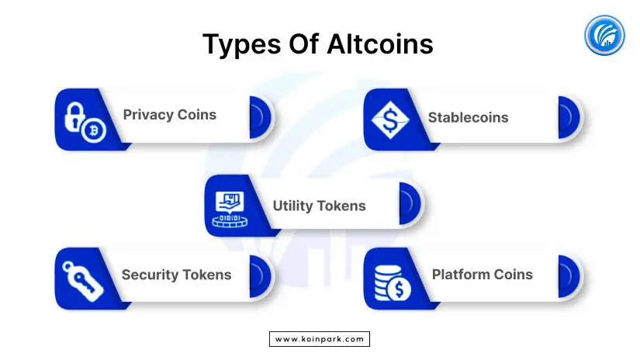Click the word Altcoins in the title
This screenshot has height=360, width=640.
(x=380, y=43)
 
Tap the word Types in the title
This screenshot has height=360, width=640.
(x=241, y=45)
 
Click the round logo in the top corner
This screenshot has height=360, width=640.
(x=604, y=36)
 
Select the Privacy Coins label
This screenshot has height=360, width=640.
(x=169, y=115)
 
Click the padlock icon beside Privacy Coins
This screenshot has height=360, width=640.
(x=74, y=116)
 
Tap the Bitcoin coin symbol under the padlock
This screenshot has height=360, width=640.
(x=93, y=130)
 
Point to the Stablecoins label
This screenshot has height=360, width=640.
(x=468, y=118)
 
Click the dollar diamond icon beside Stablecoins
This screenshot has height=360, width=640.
(x=390, y=120)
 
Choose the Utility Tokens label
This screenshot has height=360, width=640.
(x=319, y=206)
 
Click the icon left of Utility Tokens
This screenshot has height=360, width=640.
(x=230, y=209)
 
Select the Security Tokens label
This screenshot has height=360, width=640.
(x=176, y=275)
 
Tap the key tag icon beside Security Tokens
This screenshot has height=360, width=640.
(x=82, y=281)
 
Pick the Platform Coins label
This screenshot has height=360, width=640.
(x=482, y=275)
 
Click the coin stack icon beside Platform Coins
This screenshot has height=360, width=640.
(x=393, y=283)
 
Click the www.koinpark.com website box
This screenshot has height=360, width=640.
(x=320, y=339)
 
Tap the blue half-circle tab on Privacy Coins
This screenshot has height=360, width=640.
(x=260, y=118)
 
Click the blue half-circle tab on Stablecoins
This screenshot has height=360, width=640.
(x=568, y=118)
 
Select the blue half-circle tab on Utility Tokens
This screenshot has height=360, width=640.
(x=410, y=203)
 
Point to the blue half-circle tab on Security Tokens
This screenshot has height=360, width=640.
(x=260, y=276)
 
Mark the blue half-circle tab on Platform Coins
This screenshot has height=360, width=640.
(x=568, y=276)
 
